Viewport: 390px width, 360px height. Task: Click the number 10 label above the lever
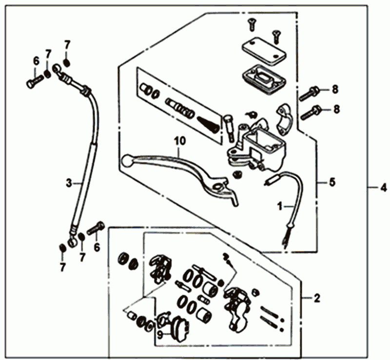click(x=180, y=141)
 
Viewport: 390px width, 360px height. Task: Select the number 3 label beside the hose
click(x=69, y=183)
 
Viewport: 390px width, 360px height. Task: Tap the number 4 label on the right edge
click(x=383, y=187)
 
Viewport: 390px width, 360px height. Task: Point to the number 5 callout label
click(x=332, y=182)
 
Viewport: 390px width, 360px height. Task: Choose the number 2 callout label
click(x=317, y=298)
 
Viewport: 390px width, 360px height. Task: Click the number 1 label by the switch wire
click(x=280, y=206)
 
